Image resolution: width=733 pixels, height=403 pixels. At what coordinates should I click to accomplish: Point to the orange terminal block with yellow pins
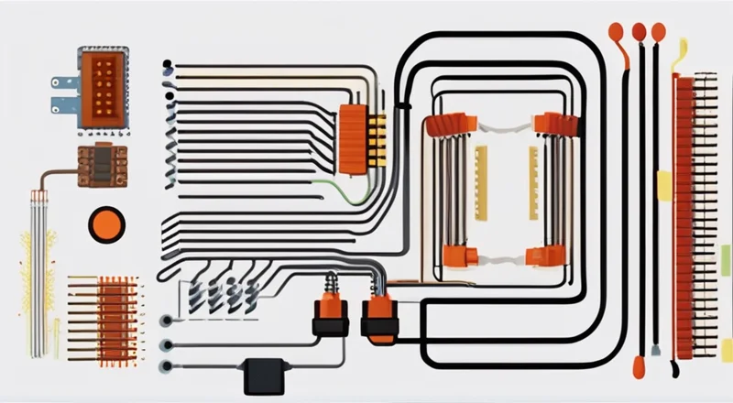356,137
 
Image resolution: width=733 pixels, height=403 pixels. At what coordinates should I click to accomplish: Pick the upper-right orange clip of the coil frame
552,125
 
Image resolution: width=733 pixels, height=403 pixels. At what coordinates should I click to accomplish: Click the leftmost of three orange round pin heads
616,32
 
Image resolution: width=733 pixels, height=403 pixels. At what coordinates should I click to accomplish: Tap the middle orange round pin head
638,32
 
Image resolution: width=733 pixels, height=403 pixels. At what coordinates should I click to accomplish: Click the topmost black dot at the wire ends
167,65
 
